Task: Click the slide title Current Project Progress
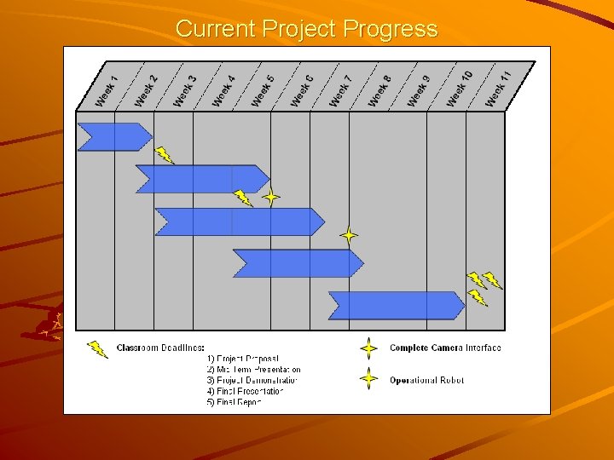click(x=306, y=29)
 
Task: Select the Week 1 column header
click(x=107, y=89)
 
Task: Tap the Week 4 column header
click(x=223, y=89)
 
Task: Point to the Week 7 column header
click(x=340, y=89)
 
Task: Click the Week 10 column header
click(x=459, y=89)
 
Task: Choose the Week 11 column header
click(x=498, y=89)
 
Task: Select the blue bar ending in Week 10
click(x=396, y=305)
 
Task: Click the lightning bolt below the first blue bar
click(x=164, y=155)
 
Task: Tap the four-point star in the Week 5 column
click(x=270, y=198)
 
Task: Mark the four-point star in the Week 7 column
click(x=348, y=234)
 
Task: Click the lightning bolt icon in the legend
click(x=98, y=348)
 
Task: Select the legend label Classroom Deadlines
click(x=160, y=348)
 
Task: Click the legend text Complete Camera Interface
click(x=445, y=348)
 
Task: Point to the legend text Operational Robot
click(x=426, y=380)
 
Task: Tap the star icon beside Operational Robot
click(x=368, y=379)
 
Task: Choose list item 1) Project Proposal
click(x=243, y=359)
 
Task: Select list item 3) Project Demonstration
click(x=253, y=380)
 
